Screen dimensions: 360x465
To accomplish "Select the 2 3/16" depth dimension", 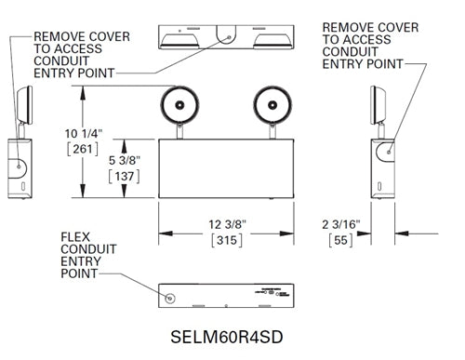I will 346,223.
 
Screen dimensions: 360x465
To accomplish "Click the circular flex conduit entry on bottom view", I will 169,298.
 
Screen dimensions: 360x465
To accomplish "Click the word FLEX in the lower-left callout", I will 75,237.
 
